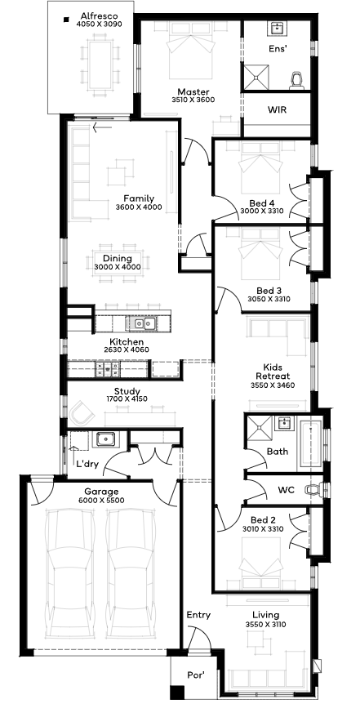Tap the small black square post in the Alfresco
66,20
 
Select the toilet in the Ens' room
297,79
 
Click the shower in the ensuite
255,77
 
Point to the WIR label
278,109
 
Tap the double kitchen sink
141,323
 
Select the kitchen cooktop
108,369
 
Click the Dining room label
118,259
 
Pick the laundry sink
105,439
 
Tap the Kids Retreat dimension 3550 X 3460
273,385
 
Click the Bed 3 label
269,291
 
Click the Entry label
198,616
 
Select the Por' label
195,675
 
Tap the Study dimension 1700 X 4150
127,399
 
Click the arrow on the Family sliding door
102,127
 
